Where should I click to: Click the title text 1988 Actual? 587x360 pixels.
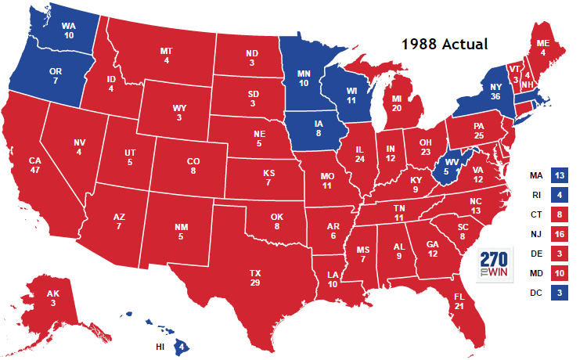coord(444,44)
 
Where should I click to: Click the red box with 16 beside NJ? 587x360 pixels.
coord(559,232)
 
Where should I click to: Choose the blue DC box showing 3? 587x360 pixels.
coord(559,292)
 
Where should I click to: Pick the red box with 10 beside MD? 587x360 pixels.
coord(559,272)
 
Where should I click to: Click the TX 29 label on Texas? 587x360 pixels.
coord(255,277)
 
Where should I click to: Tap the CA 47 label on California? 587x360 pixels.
coord(34,167)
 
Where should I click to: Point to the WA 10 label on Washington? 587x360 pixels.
coord(69,31)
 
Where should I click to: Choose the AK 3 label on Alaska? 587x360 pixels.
coord(52,298)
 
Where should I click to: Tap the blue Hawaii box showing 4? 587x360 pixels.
coord(182,345)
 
